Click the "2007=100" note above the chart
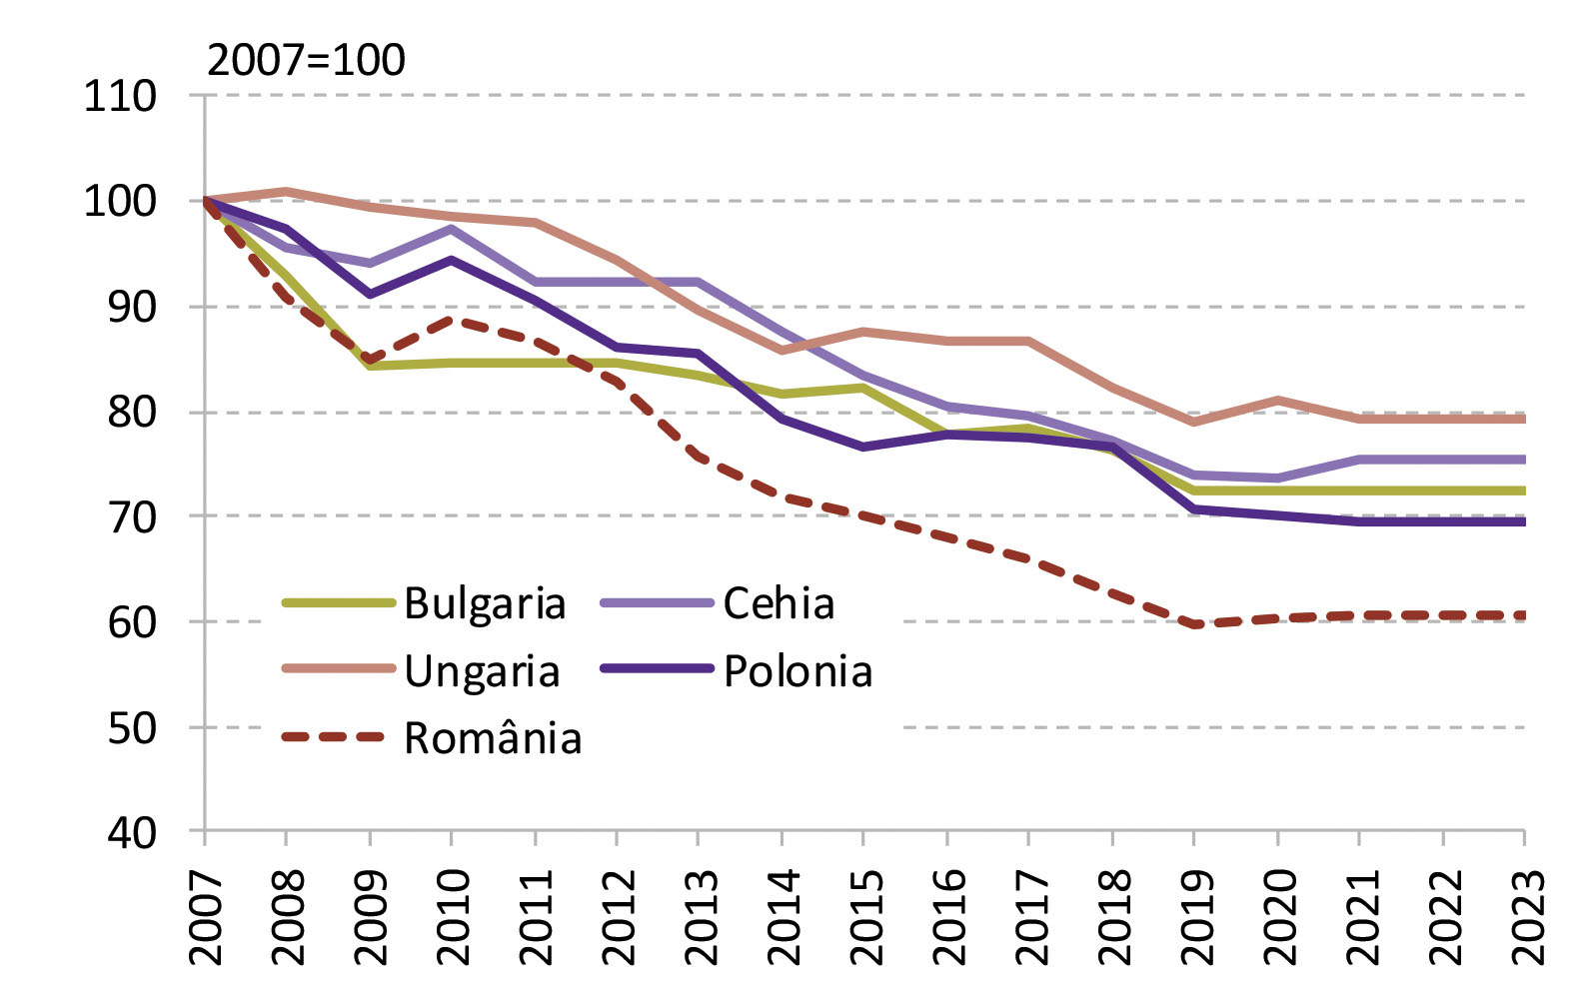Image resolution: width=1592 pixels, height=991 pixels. [x=306, y=60]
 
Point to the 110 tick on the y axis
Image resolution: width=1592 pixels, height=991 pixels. [x=121, y=97]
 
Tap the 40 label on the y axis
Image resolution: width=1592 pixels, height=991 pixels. [x=132, y=832]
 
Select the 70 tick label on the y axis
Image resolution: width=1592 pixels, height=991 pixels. [x=132, y=516]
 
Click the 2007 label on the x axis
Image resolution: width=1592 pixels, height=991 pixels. [x=206, y=917]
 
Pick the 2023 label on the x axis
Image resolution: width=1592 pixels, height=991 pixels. [x=1524, y=917]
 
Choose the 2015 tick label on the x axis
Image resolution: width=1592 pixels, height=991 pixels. [x=864, y=917]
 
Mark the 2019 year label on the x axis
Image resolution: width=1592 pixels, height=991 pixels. [x=1194, y=917]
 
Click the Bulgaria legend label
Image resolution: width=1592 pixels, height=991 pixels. [x=485, y=603]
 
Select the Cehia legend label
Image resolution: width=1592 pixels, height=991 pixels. [x=779, y=603]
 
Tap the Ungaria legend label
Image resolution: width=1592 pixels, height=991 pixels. [x=482, y=671]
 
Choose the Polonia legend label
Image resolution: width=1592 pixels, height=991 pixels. [x=797, y=671]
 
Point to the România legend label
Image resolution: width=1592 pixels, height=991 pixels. [x=493, y=739]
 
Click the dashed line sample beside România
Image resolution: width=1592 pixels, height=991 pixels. [x=334, y=737]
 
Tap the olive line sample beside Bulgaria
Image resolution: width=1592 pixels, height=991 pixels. [x=339, y=602]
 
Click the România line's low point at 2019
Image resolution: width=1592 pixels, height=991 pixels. [x=1194, y=624]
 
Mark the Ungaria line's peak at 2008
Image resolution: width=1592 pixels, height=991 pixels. [x=287, y=191]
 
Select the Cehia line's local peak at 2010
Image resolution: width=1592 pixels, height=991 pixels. [x=452, y=229]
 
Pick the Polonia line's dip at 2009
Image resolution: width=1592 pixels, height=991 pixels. [x=370, y=294]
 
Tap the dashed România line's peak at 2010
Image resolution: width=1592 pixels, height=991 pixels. [x=452, y=320]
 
